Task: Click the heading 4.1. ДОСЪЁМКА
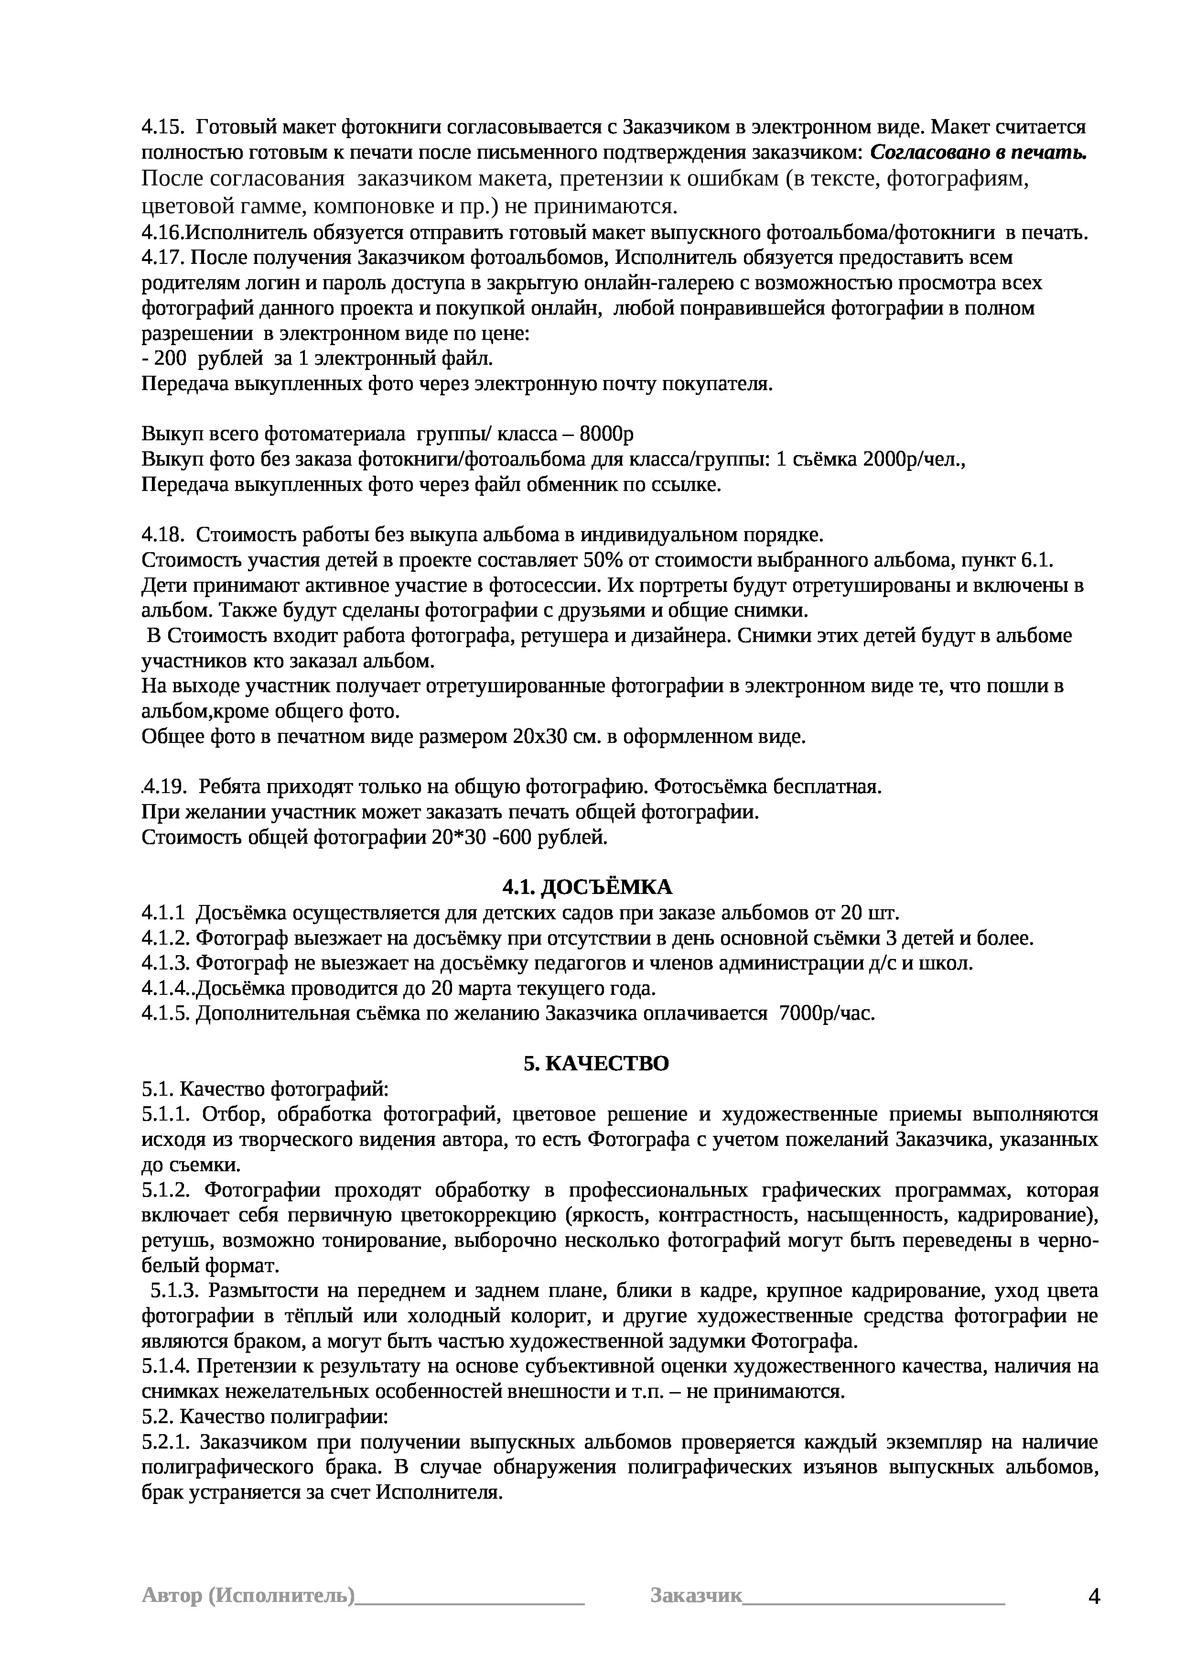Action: pyautogui.click(x=587, y=887)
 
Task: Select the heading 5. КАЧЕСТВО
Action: pyautogui.click(x=596, y=1064)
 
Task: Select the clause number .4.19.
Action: pyautogui.click(x=162, y=787)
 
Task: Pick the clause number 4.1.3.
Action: pyautogui.click(x=166, y=963)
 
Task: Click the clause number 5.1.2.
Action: pyautogui.click(x=166, y=1190)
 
